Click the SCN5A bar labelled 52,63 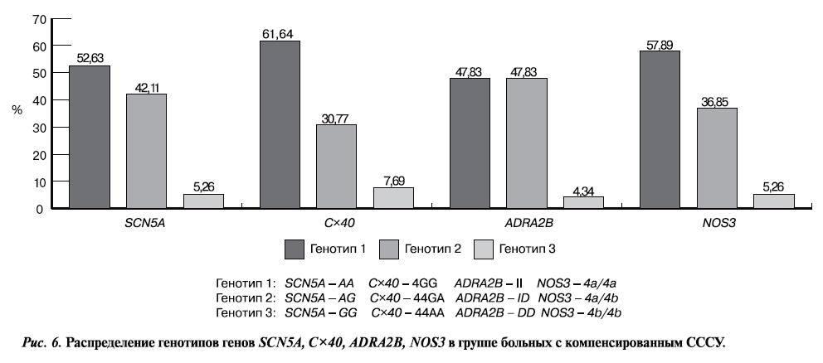tap(89, 137)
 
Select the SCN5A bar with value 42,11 tap(145, 151)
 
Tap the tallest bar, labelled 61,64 tap(280, 124)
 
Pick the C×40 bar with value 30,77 tap(336, 166)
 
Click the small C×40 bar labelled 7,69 tap(392, 197)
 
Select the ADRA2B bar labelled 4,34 tap(583, 202)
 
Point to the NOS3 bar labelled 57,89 tap(660, 129)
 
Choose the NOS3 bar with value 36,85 tap(718, 157)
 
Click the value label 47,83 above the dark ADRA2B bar tap(470, 71)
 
